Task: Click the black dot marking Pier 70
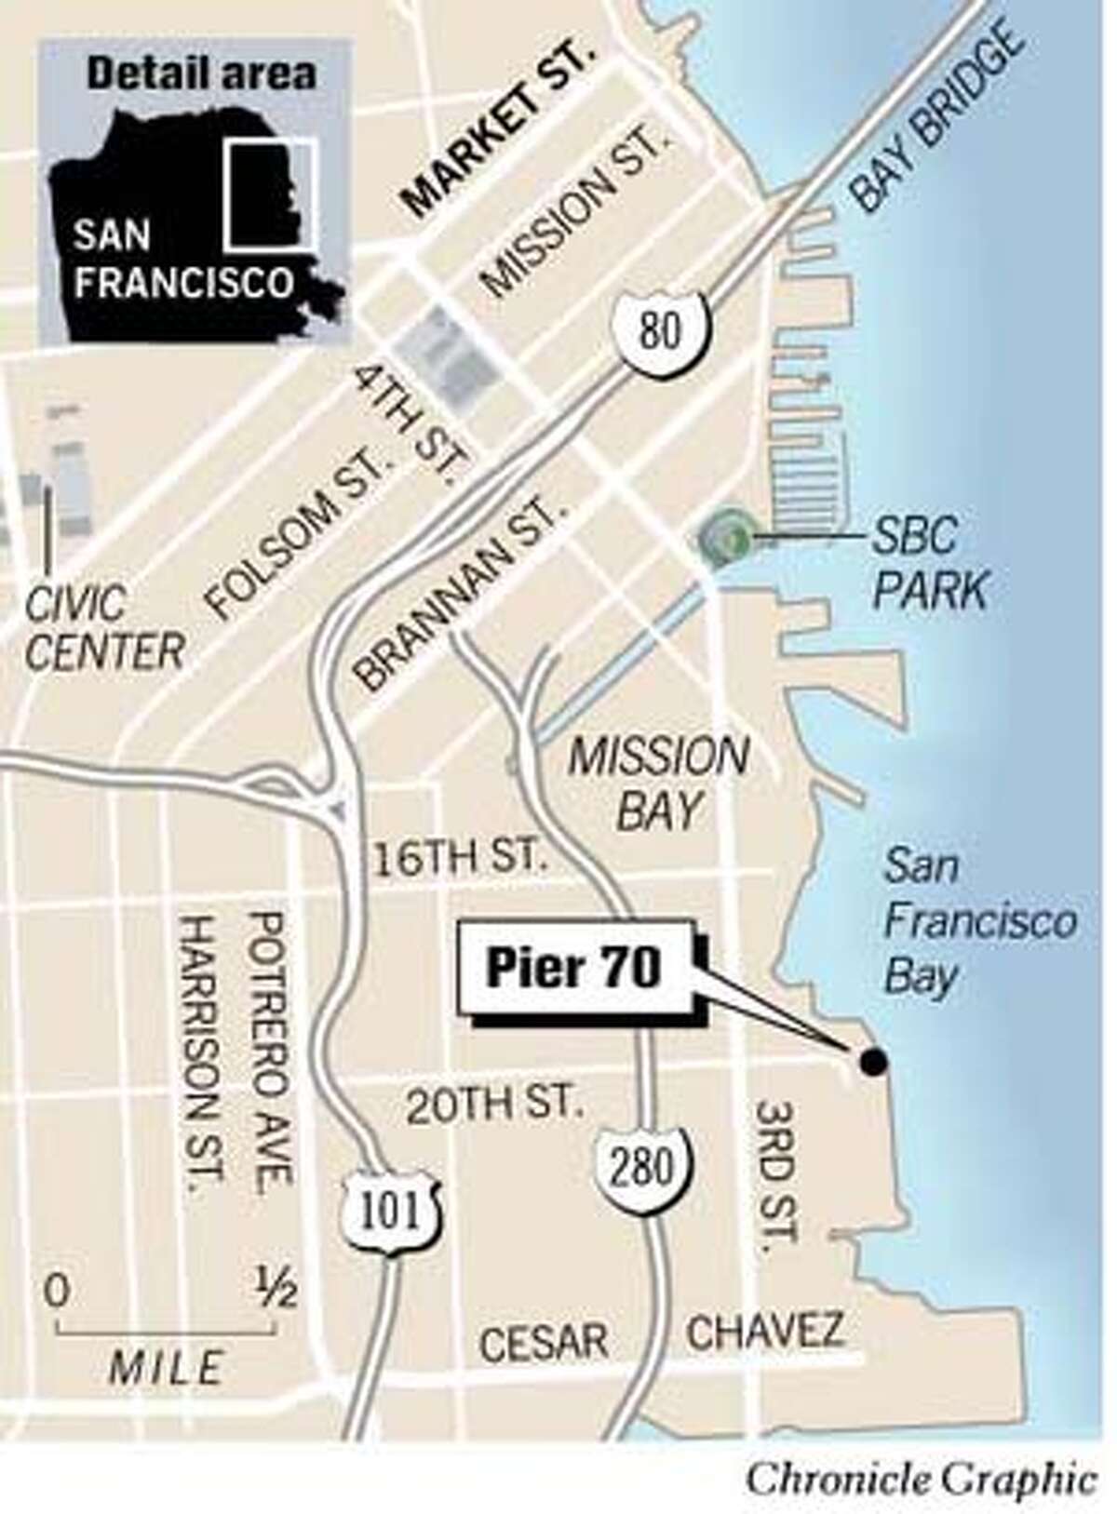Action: click(873, 1061)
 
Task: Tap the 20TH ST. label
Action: click(494, 1105)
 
